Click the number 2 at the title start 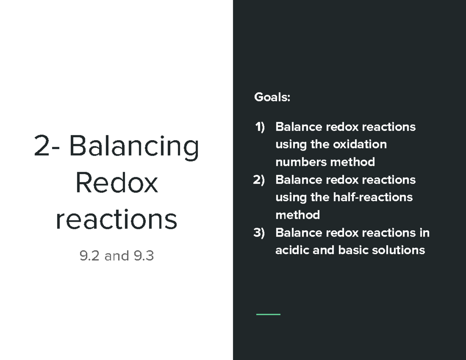pyautogui.click(x=42, y=146)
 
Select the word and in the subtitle pyautogui.click(x=116, y=256)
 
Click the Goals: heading pyautogui.click(x=272, y=97)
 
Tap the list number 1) pyautogui.click(x=259, y=127)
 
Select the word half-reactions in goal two pyautogui.click(x=373, y=197)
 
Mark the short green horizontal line pyautogui.click(x=268, y=314)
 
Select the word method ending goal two pyautogui.click(x=297, y=215)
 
